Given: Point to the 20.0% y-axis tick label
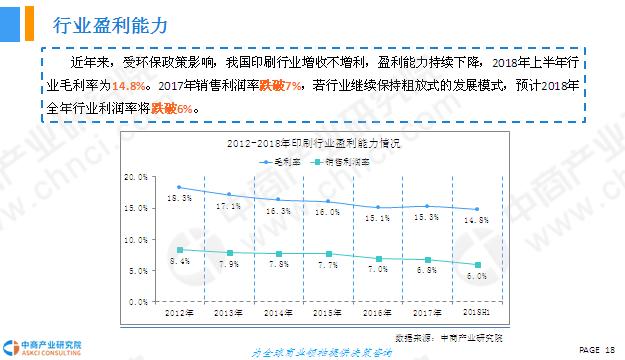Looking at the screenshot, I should tap(136, 176).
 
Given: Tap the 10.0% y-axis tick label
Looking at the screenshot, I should tap(136, 238).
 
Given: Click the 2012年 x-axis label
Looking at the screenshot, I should tap(178, 314).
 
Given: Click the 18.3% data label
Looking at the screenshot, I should tap(179, 198).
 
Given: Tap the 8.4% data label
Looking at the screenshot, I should tap(179, 261).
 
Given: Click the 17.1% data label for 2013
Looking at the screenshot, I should tap(228, 206).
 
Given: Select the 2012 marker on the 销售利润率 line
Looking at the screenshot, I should tap(179, 249).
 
